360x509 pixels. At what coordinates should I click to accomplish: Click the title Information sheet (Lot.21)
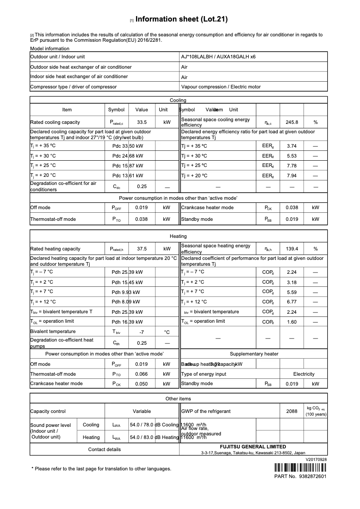coord(181,19)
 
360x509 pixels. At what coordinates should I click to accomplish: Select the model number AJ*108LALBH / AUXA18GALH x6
coord(218,57)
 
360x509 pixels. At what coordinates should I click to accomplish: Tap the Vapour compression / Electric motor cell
coord(220,87)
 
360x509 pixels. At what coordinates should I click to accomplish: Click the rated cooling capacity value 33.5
coord(142,122)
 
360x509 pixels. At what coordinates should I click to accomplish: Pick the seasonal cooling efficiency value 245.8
coord(292,122)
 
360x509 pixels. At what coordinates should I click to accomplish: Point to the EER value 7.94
coord(292,176)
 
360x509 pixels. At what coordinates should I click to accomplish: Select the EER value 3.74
coord(292,146)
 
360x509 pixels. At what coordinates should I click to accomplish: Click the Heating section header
coord(178,236)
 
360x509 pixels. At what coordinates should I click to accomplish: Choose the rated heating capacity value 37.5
coord(142,249)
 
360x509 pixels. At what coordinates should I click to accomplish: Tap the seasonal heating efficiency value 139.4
coord(292,249)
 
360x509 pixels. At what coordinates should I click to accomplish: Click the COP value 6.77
coord(292,302)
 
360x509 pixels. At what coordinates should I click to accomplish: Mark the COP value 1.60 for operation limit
coord(292,322)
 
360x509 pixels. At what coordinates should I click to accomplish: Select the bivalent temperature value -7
coord(142,332)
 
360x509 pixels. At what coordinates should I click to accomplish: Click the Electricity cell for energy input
coord(304,374)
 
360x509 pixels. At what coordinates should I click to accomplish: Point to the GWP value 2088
coord(292,411)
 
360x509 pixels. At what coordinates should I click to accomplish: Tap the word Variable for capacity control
coord(142,411)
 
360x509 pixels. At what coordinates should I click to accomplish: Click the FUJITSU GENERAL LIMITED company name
coord(253,447)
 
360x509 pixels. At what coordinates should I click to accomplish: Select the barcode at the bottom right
coord(300,468)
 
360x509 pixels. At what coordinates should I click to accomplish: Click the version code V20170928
coord(316,460)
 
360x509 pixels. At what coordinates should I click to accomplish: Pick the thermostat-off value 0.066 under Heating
coord(142,374)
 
